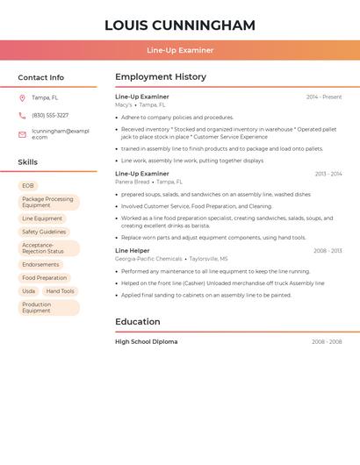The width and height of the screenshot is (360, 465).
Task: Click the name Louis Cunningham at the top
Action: point(179,25)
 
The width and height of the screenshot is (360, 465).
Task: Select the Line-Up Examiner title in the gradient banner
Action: point(179,50)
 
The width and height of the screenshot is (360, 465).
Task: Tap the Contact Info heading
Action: point(40,77)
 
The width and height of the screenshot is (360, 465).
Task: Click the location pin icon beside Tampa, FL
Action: point(22,98)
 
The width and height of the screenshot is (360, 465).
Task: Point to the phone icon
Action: point(22,116)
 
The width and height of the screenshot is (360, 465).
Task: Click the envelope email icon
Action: point(22,134)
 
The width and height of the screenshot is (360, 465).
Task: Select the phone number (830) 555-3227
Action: point(50,116)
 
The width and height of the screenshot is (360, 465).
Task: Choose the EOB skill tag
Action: point(28,186)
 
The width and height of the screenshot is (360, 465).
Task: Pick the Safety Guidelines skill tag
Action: point(44,232)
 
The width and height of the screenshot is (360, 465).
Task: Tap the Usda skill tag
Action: point(29,291)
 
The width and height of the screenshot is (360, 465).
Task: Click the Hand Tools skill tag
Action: point(61,291)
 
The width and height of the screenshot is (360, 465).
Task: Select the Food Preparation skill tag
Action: point(45,278)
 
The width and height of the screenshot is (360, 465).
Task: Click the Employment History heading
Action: point(160,77)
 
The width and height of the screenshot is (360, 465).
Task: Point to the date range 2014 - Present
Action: point(324,97)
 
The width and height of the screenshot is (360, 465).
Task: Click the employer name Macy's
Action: point(124,104)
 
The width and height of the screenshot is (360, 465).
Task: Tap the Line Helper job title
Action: point(133,251)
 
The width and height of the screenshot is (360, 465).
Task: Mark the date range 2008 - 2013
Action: point(328,251)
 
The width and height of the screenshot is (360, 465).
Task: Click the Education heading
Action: point(137,322)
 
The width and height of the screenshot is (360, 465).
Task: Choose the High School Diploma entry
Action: point(146,342)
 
